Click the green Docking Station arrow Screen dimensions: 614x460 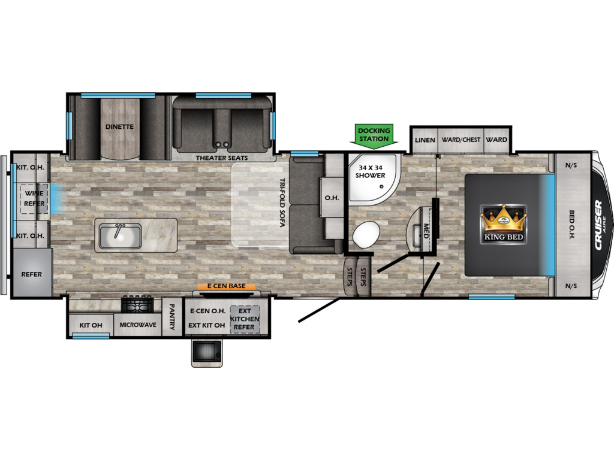pos(374,136)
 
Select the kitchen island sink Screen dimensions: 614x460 pos(120,236)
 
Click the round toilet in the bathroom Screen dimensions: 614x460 pos(366,234)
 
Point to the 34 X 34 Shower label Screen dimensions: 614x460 pos(370,171)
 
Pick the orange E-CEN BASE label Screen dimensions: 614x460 pos(226,286)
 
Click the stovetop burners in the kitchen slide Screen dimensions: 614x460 pos(137,304)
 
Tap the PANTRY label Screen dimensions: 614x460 pos(171,316)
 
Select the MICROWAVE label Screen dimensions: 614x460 pos(138,325)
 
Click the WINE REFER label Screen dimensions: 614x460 pos(34,198)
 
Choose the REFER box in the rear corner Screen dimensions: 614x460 pos(32,272)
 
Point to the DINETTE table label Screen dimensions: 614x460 pos(119,127)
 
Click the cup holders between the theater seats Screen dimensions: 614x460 pos(222,145)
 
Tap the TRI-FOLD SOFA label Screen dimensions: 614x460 pos(282,202)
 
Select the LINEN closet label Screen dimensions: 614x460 pos(425,140)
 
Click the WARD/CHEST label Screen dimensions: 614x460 pos(461,140)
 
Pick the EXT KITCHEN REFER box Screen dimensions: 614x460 pos(245,319)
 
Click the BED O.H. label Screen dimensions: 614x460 pos(571,225)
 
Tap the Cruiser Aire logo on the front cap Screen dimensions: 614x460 pos(600,225)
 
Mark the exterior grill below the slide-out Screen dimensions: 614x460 pos(207,353)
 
